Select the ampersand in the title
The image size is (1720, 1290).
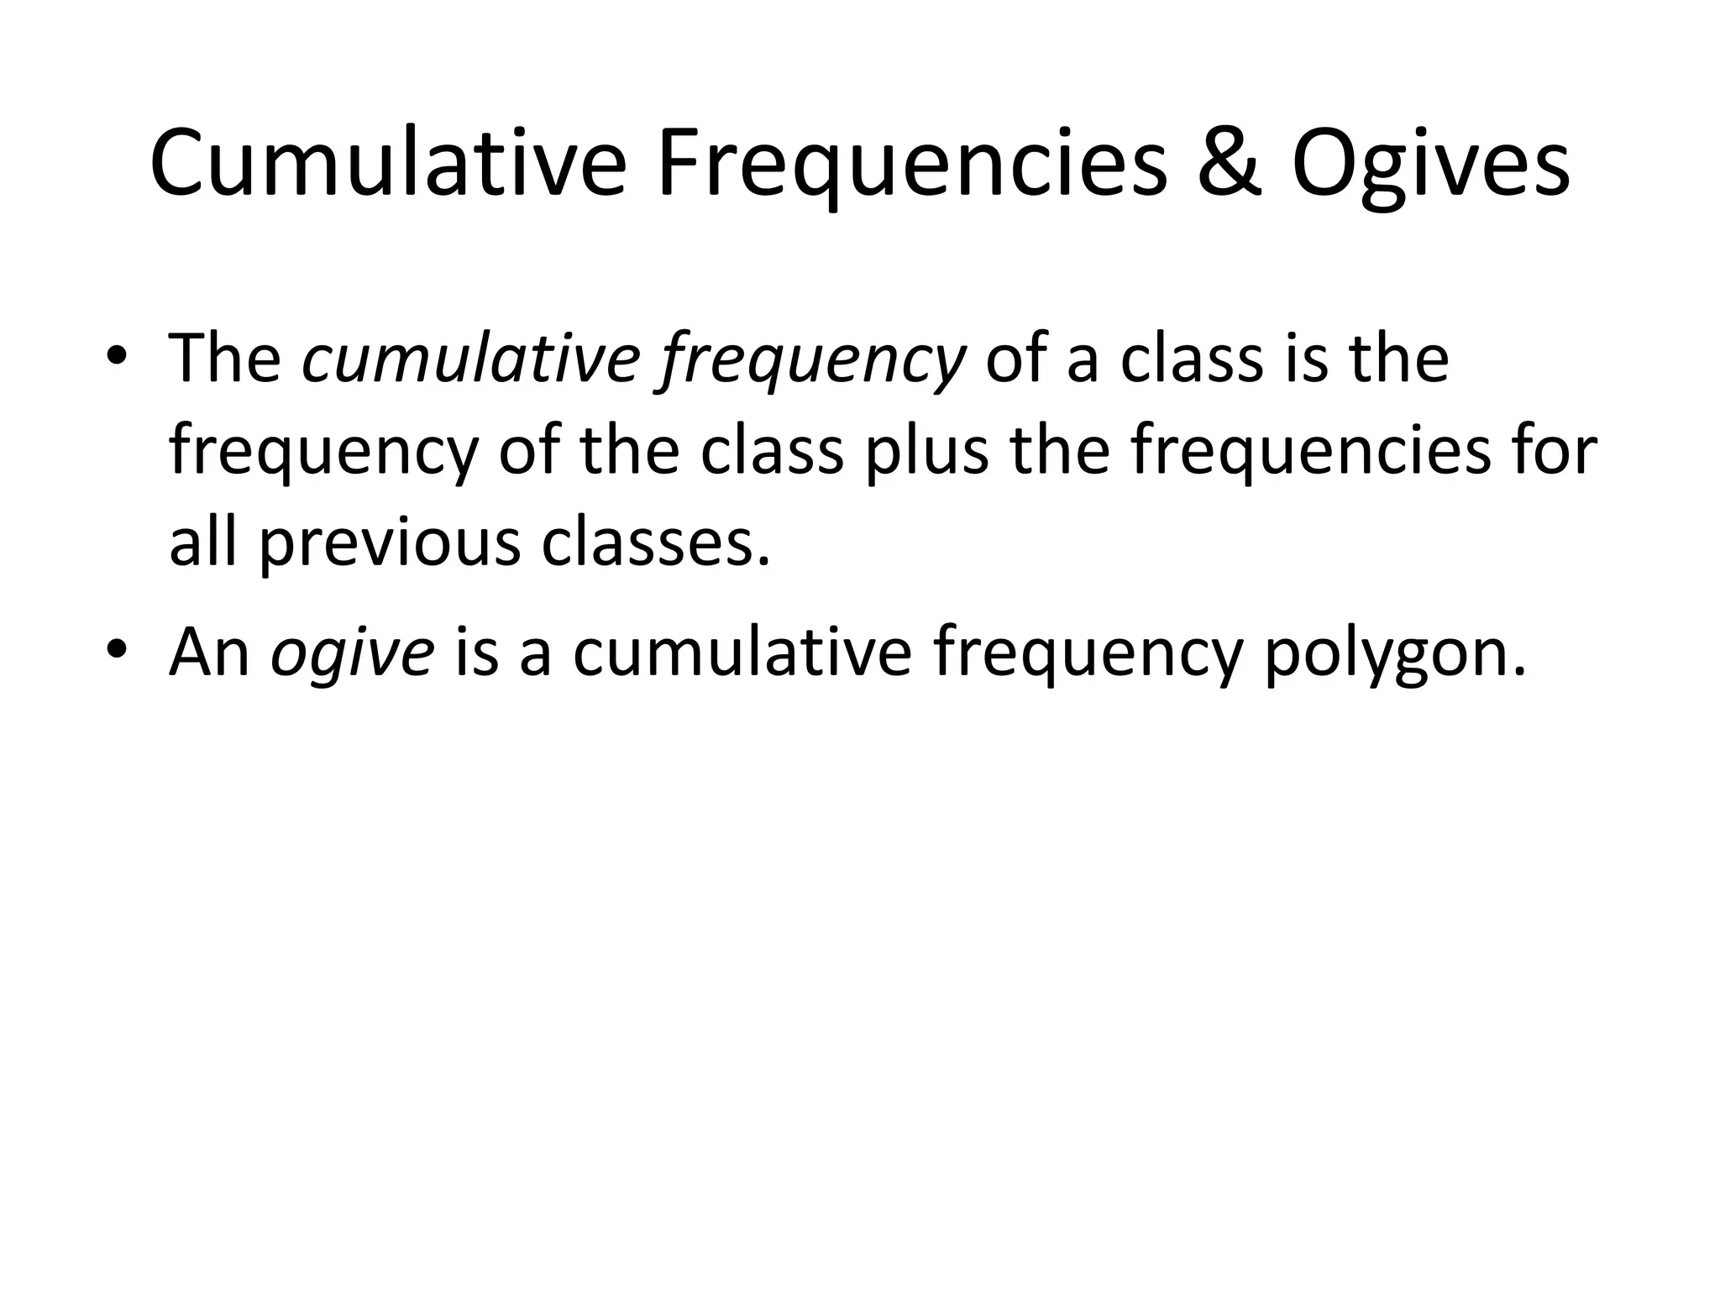[1230, 165]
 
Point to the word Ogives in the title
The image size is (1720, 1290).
[1430, 165]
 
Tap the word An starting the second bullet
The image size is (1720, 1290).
[210, 652]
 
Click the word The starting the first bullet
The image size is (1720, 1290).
[225, 359]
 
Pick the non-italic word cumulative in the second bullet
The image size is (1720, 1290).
[742, 652]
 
